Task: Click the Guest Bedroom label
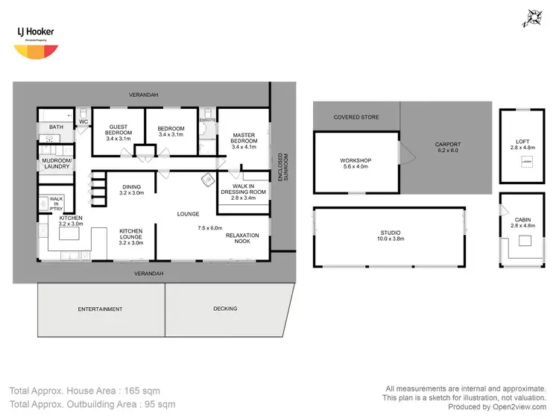[x=119, y=133]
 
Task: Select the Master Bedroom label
[x=244, y=141]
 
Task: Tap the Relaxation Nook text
[x=242, y=239]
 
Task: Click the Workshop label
[x=356, y=164]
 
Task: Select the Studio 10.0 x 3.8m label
[x=391, y=236]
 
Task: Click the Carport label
[x=448, y=147]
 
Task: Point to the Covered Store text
[x=356, y=117]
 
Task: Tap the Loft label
[x=522, y=145]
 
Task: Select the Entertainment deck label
[x=100, y=309]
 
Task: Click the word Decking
[x=225, y=309]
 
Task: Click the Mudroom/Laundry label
[x=57, y=163]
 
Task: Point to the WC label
[x=83, y=121]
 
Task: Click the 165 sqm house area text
[x=84, y=390]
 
